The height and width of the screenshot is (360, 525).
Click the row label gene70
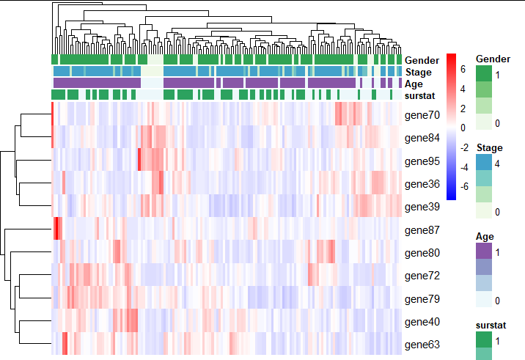point(421,115)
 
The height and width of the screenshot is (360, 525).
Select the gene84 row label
point(421,138)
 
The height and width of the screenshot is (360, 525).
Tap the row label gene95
point(421,161)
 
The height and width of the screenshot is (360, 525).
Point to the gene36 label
point(421,184)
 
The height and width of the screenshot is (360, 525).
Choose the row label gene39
point(421,207)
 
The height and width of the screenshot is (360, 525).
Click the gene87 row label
point(421,230)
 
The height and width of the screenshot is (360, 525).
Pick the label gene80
point(421,253)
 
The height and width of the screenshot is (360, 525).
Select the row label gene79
point(421,299)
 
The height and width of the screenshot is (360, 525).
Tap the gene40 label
point(421,322)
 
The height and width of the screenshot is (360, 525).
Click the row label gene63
point(421,345)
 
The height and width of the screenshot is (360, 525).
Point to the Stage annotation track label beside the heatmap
point(418,72)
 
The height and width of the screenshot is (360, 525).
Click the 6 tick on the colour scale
point(463,70)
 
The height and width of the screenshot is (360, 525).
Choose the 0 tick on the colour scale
point(463,128)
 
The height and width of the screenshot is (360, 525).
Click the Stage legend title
point(488,148)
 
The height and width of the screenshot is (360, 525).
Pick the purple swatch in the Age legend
point(484,250)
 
